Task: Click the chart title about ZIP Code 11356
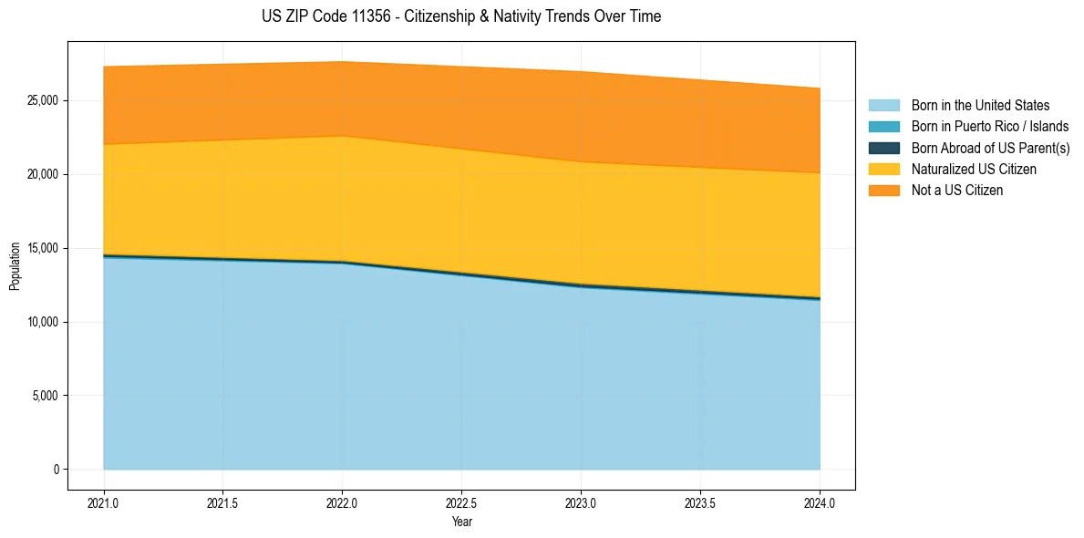click(x=461, y=16)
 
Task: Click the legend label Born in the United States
click(x=980, y=106)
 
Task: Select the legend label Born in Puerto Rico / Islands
click(x=990, y=127)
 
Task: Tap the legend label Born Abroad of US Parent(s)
click(x=990, y=148)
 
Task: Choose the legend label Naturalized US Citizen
click(x=974, y=170)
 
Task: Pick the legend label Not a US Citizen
click(x=957, y=191)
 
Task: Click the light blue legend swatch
click(x=883, y=106)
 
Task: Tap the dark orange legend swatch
click(x=883, y=191)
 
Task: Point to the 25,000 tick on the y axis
click(x=42, y=100)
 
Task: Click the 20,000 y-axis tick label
click(x=42, y=174)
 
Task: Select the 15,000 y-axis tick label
click(x=42, y=248)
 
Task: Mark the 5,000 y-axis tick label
click(x=45, y=396)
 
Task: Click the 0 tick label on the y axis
click(x=57, y=470)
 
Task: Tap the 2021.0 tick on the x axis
click(x=104, y=502)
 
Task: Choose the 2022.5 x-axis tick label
click(x=461, y=502)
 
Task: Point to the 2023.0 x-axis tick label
click(x=581, y=502)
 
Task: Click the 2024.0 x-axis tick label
click(x=820, y=502)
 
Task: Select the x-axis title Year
click(x=461, y=522)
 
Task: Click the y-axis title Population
click(x=15, y=266)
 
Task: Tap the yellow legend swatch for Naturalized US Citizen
click(x=883, y=170)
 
